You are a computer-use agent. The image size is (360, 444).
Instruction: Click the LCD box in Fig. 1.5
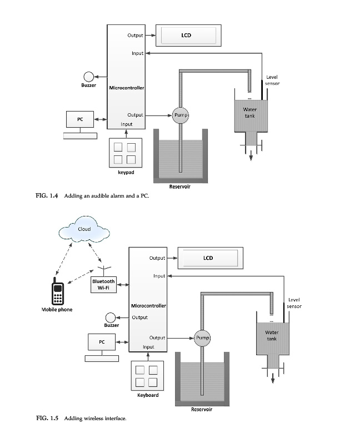[207, 258]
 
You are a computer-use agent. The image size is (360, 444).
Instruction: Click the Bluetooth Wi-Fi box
[103, 285]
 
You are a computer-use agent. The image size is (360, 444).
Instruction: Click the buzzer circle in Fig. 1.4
[88, 77]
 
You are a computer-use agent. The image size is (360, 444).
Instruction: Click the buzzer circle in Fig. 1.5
[111, 317]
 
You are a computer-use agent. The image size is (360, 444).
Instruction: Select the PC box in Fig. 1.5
[102, 342]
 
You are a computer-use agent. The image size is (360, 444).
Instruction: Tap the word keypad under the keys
[126, 173]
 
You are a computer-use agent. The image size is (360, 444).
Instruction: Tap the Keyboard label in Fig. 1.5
[148, 395]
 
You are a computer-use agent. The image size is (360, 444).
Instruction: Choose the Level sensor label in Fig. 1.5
[294, 303]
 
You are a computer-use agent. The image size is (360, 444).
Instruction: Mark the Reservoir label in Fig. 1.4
[180, 187]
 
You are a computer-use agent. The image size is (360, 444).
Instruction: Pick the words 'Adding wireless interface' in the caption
[96, 418]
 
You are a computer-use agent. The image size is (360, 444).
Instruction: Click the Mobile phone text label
[57, 309]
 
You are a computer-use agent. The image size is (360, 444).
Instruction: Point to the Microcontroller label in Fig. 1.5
[148, 306]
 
